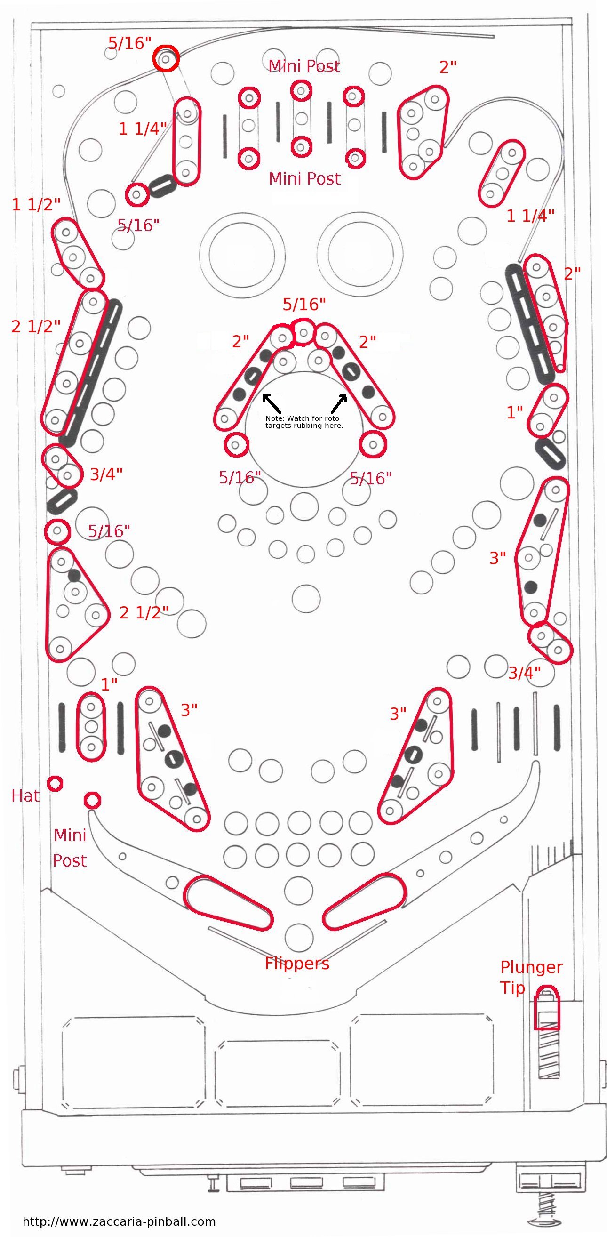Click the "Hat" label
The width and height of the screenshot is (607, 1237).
tap(25, 795)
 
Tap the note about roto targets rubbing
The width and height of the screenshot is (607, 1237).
tap(304, 422)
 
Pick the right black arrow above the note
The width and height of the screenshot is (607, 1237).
tap(339, 403)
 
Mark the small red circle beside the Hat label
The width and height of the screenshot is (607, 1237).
tap(55, 784)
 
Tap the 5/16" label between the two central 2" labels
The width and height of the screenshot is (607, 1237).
tap(304, 304)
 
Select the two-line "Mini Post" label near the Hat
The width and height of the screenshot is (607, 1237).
tap(70, 848)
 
